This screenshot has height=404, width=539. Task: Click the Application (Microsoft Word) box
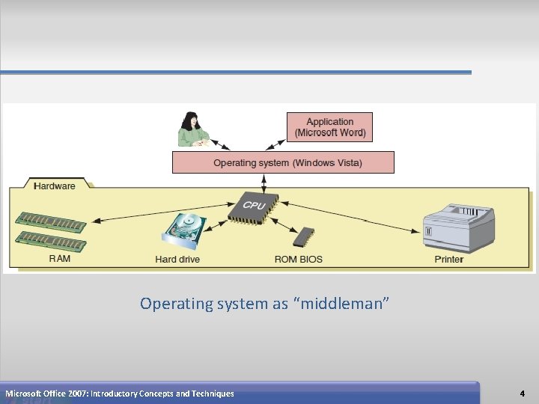(x=329, y=127)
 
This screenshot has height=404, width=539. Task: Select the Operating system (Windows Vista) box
(x=283, y=162)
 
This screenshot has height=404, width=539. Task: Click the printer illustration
(x=459, y=227)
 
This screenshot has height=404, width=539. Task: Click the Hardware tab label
(x=55, y=186)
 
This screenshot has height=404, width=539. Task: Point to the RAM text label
(x=60, y=259)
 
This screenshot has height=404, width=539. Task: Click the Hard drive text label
(x=177, y=260)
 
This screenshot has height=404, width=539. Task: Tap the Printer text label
(x=449, y=260)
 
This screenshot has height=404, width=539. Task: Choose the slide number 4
(x=522, y=394)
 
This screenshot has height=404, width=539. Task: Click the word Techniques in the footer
(x=213, y=394)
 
